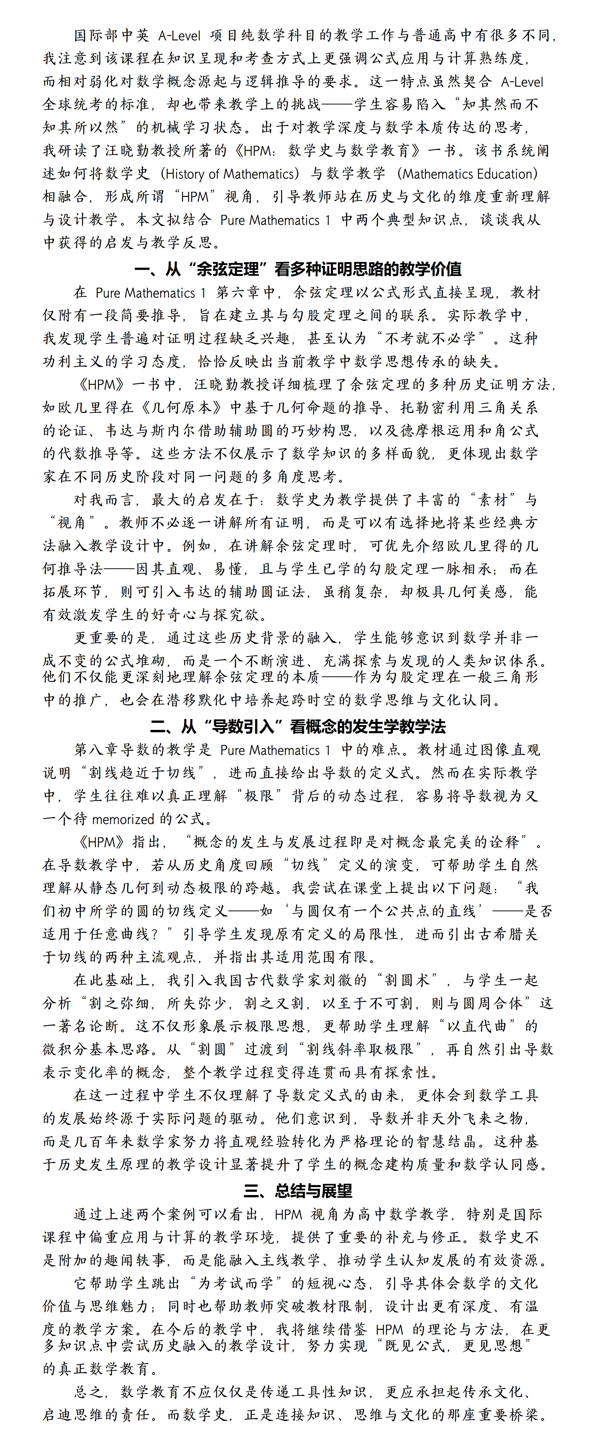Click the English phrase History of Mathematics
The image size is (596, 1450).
[233, 174]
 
